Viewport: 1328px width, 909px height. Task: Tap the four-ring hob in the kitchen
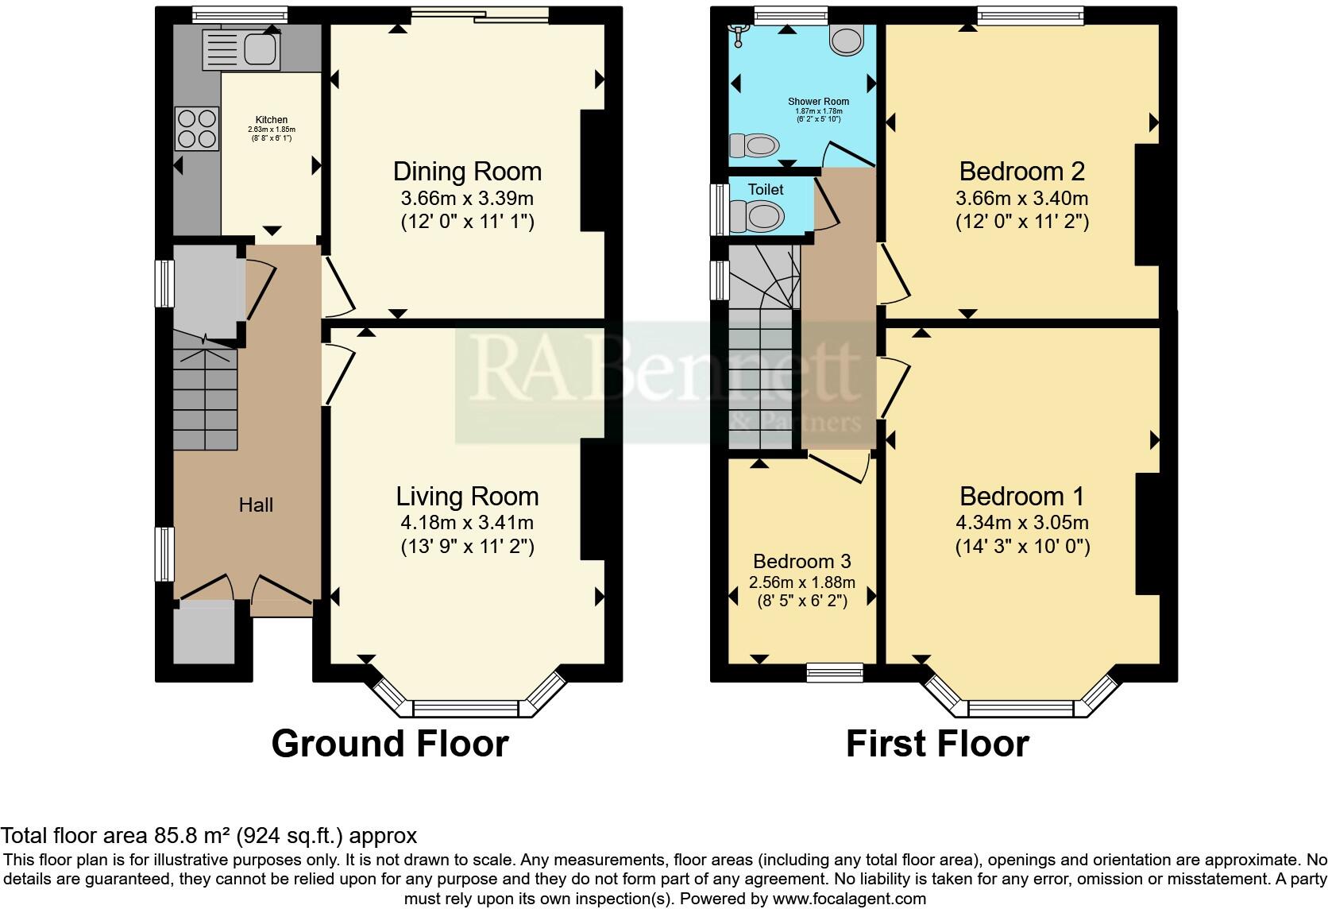tap(196, 128)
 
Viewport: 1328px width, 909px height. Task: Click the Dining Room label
tap(467, 171)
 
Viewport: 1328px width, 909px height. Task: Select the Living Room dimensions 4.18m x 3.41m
tap(467, 523)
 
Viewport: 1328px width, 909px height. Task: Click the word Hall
tap(256, 505)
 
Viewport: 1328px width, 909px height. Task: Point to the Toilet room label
tap(766, 189)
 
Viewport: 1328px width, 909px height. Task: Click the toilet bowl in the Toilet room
tap(758, 215)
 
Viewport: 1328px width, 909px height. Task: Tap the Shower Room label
tap(818, 102)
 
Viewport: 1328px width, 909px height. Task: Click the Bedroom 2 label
tap(1021, 171)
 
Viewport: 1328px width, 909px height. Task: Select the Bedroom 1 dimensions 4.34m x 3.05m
tap(1021, 523)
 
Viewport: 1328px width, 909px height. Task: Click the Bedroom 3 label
tap(801, 561)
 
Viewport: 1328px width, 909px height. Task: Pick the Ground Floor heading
tap(389, 744)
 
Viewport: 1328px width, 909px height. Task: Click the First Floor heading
tap(937, 744)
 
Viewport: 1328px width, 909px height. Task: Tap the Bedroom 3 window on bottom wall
tap(834, 673)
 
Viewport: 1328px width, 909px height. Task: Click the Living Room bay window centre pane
tap(465, 709)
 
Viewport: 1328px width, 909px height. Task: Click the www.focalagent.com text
tap(849, 899)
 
